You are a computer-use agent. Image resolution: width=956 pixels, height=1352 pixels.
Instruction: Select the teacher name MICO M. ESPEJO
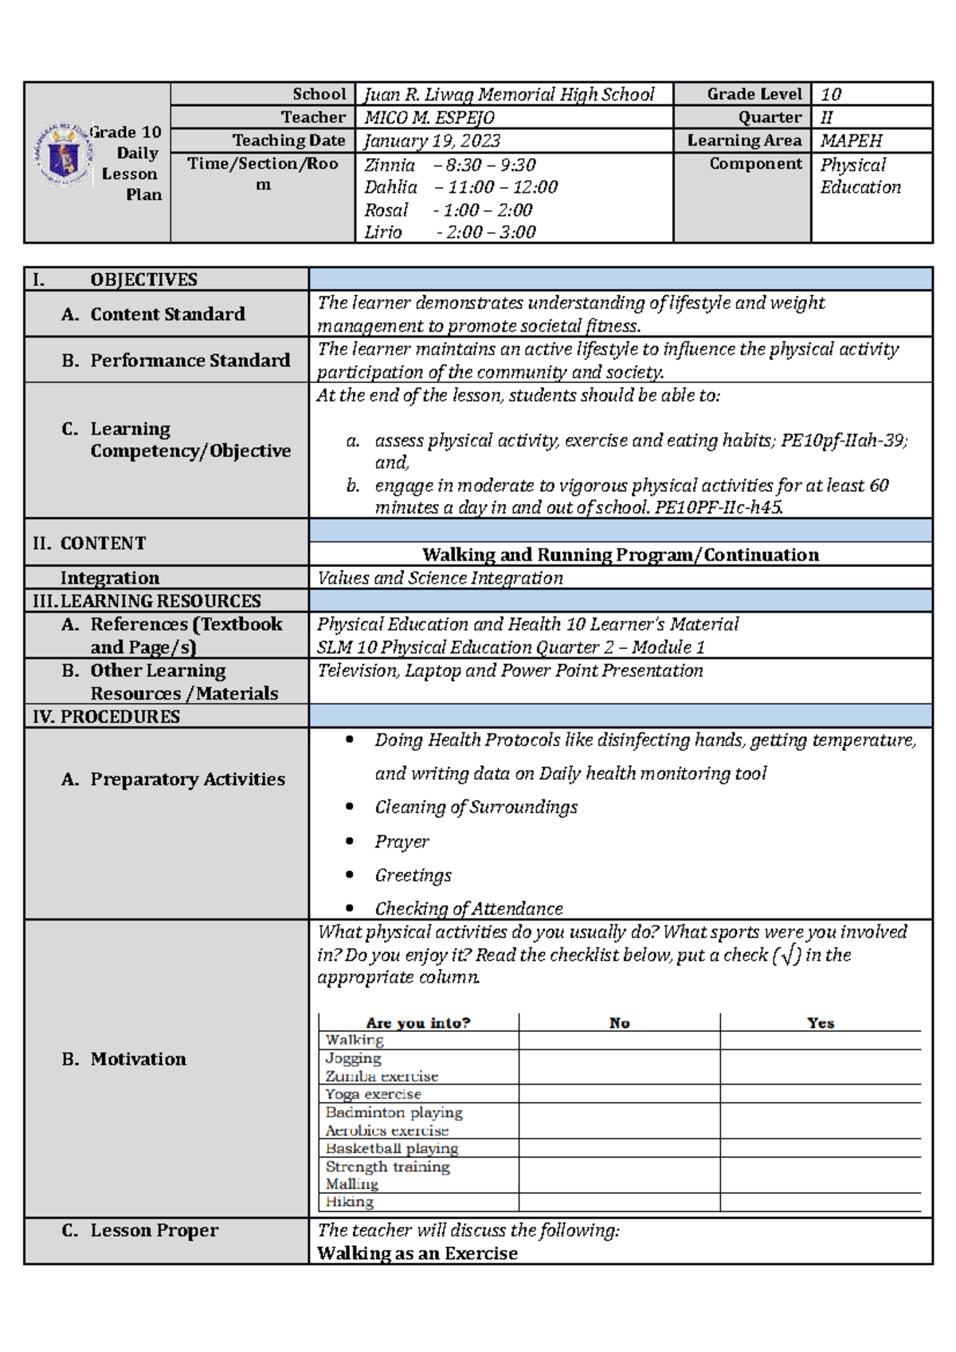(x=429, y=118)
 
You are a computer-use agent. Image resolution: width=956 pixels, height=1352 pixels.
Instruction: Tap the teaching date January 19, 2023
(x=432, y=141)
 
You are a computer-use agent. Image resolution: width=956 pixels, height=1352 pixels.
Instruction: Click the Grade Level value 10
(x=831, y=95)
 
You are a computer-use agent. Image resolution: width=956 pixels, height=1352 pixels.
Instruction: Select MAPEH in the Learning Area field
(x=851, y=141)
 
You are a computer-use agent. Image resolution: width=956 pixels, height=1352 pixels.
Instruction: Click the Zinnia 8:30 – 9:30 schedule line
(x=449, y=166)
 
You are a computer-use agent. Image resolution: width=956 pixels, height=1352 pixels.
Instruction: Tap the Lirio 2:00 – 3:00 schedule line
(x=449, y=232)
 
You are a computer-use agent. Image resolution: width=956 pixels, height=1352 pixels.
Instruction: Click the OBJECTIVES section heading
(x=143, y=279)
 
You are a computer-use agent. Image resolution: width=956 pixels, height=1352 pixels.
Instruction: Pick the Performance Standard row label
(x=190, y=361)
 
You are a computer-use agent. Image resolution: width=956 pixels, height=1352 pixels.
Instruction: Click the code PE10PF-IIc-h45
(x=719, y=508)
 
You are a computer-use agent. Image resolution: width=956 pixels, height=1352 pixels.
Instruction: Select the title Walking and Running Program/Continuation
(x=620, y=555)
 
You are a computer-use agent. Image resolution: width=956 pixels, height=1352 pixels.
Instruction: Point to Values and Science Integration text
(x=440, y=578)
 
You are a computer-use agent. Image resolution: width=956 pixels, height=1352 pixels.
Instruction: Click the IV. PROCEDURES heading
(x=106, y=717)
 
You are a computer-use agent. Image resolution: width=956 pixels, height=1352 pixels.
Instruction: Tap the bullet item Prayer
(x=402, y=842)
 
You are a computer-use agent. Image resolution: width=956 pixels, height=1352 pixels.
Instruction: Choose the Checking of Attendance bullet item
(x=468, y=908)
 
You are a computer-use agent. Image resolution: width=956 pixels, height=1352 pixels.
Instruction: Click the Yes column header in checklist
(x=820, y=1023)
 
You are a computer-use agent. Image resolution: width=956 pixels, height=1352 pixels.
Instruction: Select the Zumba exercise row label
(x=382, y=1077)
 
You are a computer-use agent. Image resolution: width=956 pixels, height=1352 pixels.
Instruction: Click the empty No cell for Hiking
(x=619, y=1202)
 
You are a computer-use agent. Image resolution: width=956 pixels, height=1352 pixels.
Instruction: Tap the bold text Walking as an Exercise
(x=417, y=1253)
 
